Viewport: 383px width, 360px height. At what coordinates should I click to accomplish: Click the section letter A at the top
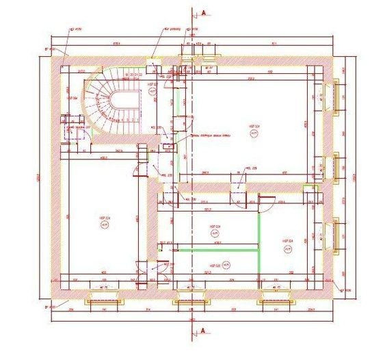point(203,12)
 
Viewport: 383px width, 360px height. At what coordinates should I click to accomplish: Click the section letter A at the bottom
point(203,331)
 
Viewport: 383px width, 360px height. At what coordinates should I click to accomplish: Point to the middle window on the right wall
point(334,164)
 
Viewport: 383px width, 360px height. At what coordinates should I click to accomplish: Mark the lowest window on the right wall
point(334,231)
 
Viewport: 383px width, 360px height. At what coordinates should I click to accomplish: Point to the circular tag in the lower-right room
point(289,247)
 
